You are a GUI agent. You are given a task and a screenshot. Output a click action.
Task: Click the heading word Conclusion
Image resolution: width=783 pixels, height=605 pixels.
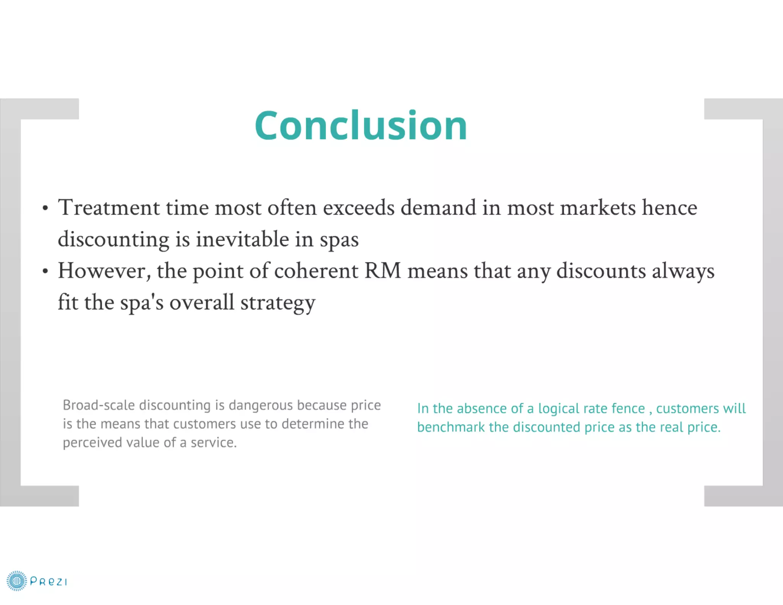pyautogui.click(x=361, y=125)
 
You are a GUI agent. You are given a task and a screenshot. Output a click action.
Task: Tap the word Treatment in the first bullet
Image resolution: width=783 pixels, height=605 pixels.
pyautogui.click(x=109, y=208)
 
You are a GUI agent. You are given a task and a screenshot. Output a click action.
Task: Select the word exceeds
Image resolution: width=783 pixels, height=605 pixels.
pyautogui.click(x=358, y=208)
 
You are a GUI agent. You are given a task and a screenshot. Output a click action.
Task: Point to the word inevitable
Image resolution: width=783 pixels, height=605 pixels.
pyautogui.click(x=242, y=239)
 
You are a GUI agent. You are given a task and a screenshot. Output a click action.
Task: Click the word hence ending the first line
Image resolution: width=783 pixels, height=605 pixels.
pyautogui.click(x=669, y=208)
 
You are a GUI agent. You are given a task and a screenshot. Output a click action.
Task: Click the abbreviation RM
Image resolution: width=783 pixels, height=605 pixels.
pyautogui.click(x=383, y=271)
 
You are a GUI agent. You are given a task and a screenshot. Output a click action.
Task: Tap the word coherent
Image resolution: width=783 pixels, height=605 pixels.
pyautogui.click(x=316, y=271)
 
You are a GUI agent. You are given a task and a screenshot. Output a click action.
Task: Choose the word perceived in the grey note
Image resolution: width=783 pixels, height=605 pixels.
pyautogui.click(x=92, y=442)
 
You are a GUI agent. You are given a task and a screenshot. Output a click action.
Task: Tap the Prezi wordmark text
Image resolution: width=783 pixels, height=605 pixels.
pyautogui.click(x=49, y=582)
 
